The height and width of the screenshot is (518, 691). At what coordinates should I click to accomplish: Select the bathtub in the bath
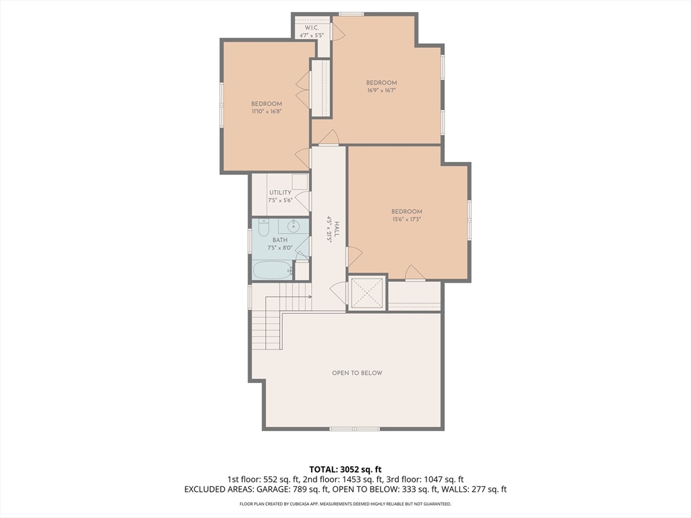(271, 270)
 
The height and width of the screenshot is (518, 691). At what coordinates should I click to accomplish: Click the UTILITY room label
(280, 193)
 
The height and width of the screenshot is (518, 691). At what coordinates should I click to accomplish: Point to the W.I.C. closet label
(311, 28)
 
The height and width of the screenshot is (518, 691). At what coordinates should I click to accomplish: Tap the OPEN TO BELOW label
(357, 373)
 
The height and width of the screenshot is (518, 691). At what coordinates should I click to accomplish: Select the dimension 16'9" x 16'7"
(381, 90)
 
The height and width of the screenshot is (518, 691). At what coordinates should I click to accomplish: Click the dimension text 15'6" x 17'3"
(407, 219)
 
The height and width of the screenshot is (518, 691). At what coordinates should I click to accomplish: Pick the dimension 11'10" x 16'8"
(267, 111)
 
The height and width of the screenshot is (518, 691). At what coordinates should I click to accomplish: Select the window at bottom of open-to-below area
(355, 428)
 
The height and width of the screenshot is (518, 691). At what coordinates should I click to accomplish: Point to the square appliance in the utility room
(300, 182)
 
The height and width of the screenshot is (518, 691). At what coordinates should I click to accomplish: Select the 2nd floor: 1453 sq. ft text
(332, 480)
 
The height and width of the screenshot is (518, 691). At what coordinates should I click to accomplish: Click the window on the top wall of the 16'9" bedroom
(351, 14)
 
